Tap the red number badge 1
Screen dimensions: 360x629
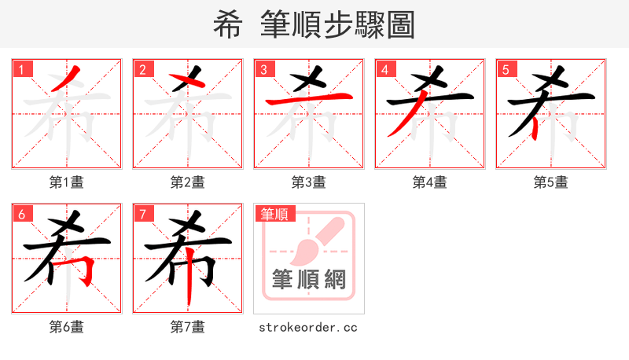tap(21, 69)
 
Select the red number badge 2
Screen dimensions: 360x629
tap(142, 69)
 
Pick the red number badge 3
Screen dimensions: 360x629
tap(263, 69)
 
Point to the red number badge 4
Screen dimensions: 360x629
tap(384, 69)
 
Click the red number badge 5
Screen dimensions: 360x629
tap(506, 69)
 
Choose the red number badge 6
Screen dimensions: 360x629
tap(21, 214)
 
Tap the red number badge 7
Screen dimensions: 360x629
tap(142, 214)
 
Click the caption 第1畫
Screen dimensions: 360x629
tap(67, 182)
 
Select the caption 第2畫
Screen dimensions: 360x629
tap(188, 182)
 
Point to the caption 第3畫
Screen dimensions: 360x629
tap(309, 182)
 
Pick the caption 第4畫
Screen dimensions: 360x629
tap(430, 182)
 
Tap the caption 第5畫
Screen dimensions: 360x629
tap(551, 182)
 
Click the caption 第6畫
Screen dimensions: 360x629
tap(67, 327)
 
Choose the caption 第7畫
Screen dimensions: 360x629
tap(188, 327)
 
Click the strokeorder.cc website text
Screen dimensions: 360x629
tap(308, 327)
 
